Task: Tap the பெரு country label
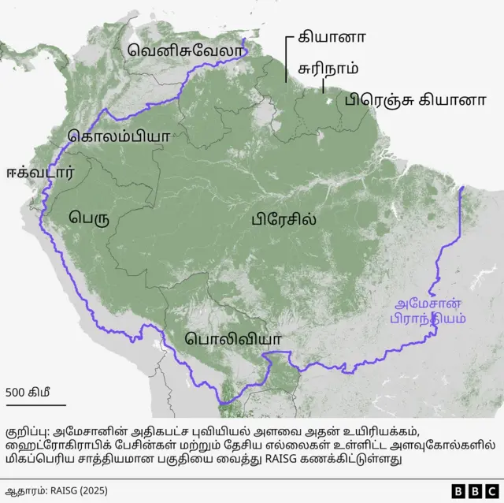point(87,215)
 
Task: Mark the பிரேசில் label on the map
point(284,218)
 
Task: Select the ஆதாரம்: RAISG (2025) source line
point(57,490)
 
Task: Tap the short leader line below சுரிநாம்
point(322,84)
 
